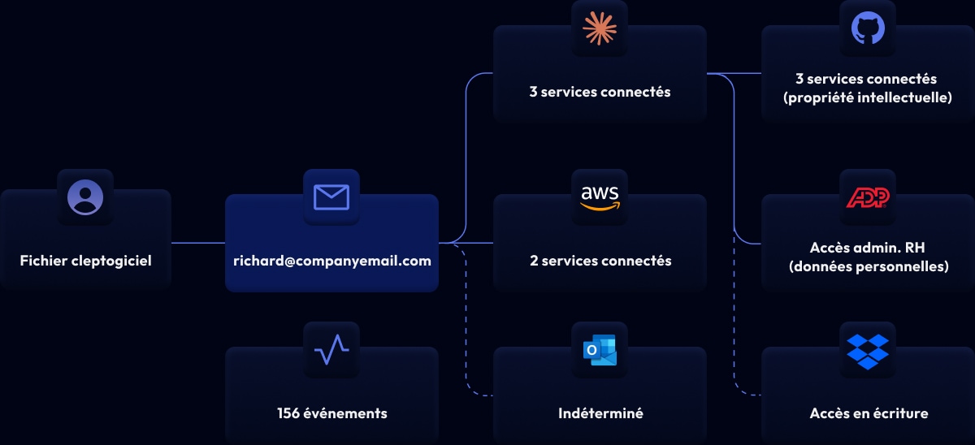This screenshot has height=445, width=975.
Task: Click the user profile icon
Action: tap(85, 197)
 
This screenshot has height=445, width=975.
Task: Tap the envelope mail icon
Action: tap(331, 197)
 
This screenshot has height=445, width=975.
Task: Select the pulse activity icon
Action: tap(331, 349)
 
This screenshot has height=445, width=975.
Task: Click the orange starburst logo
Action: tap(600, 28)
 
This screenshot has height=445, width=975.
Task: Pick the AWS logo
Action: tap(600, 197)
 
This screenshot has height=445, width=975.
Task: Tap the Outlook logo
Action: tap(600, 349)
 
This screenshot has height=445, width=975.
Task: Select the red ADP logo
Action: tap(868, 197)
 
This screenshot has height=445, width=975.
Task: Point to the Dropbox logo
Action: tap(868, 349)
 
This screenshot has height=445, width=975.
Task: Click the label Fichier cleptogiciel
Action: tap(85, 261)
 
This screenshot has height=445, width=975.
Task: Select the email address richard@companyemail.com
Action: tap(331, 261)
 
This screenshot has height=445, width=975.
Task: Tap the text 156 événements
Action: tap(331, 413)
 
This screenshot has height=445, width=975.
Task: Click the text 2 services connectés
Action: tap(600, 261)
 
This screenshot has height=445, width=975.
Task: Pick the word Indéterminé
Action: tap(600, 413)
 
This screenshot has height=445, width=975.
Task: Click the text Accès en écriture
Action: tap(869, 413)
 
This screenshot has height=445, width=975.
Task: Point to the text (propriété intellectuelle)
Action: tap(868, 98)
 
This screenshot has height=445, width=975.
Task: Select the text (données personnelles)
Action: tap(869, 266)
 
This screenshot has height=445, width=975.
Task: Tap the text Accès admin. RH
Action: tap(869, 248)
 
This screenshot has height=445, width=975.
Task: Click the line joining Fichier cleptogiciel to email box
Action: tap(198, 242)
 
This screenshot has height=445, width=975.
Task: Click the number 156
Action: tap(288, 413)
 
